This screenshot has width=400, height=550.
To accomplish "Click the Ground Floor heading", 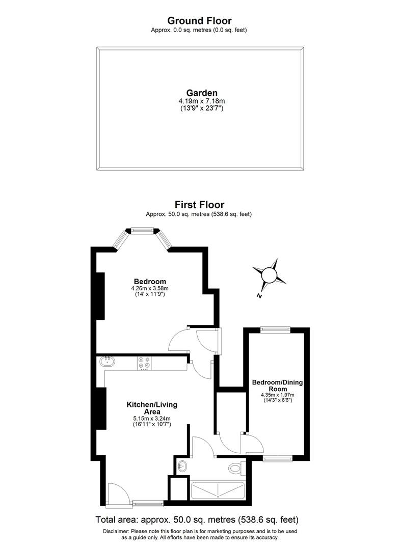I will click(199, 21).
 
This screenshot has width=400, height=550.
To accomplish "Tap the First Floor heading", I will click(199, 205).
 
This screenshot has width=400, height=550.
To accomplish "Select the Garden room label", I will click(202, 93).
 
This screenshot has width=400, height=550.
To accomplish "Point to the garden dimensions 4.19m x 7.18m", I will click(202, 101).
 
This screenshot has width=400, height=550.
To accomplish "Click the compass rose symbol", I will click(269, 276).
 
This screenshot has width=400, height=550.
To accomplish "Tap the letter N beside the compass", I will click(259, 296).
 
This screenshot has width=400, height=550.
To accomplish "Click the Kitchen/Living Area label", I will click(152, 408).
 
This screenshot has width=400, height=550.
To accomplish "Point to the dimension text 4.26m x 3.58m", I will click(150, 288).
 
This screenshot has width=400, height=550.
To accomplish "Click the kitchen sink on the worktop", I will click(108, 362).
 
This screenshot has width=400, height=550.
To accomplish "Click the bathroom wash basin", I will click(183, 465).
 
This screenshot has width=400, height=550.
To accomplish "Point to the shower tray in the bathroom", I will click(218, 490).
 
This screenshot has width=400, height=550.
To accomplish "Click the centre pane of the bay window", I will click(142, 231).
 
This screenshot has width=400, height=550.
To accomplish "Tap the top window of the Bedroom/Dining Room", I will click(276, 329).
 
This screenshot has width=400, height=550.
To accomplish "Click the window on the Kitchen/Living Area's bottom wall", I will click(148, 504).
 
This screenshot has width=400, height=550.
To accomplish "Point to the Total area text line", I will click(197, 520).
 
